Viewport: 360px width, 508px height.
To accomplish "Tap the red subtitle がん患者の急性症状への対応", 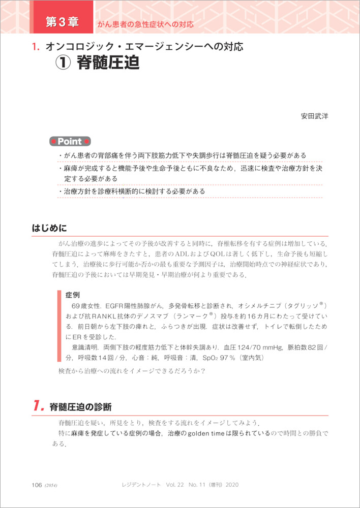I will point(146,24).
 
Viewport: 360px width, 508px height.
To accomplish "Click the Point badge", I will point(70,141).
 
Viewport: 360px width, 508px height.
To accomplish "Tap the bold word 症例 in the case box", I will point(72,294).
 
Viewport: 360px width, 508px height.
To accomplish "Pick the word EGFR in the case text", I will point(116,306).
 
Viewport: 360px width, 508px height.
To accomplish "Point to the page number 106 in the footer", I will point(37,485).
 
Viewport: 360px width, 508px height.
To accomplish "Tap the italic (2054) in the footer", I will point(51,486).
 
